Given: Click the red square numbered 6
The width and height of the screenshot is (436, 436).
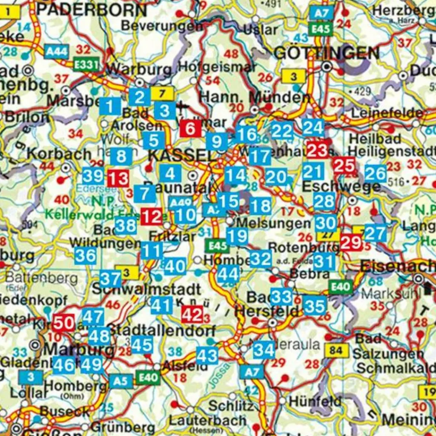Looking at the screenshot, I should (x=190, y=128).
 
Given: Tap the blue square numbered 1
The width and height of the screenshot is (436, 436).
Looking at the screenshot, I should (x=110, y=106).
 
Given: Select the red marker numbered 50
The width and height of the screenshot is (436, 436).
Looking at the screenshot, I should (x=64, y=323).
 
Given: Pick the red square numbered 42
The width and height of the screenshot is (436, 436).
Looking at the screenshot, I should (x=192, y=315).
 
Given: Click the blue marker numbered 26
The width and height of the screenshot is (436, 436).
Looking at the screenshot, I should (x=376, y=173).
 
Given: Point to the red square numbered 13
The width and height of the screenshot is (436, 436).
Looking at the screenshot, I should (x=118, y=178).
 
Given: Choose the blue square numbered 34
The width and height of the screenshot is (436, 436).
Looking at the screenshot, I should (x=264, y=350).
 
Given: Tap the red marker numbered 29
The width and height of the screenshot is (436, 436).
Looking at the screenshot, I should (x=351, y=242).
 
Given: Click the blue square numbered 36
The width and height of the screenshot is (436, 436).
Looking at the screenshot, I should (x=85, y=256).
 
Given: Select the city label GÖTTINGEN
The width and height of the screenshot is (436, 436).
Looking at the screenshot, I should (x=327, y=53).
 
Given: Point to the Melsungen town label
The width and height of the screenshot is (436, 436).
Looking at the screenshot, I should (x=273, y=223).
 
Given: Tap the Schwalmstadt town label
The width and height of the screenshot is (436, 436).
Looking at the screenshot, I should (x=146, y=289).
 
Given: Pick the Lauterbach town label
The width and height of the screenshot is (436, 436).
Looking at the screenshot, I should (x=207, y=420).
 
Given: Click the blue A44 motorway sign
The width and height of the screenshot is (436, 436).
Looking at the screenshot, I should (x=55, y=52).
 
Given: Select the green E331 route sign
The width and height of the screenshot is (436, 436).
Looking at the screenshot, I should (x=86, y=65).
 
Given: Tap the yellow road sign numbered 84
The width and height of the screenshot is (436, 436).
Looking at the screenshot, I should (x=336, y=351).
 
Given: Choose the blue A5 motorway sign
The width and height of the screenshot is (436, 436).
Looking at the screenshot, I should (x=121, y=381).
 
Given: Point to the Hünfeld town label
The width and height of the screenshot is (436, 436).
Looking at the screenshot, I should (x=315, y=401).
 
